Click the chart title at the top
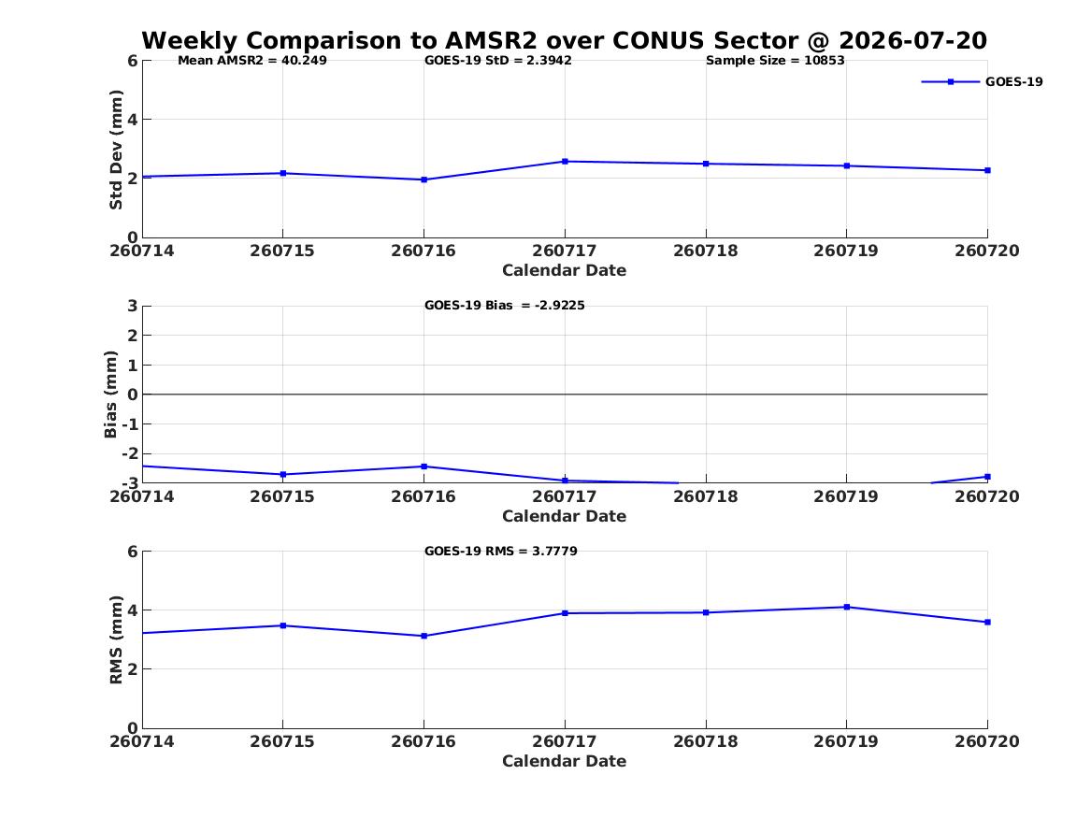point(565,40)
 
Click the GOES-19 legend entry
point(982,81)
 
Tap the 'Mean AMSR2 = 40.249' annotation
point(251,61)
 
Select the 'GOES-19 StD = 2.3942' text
point(498,61)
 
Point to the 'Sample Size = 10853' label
point(775,61)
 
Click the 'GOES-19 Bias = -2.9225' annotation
point(505,306)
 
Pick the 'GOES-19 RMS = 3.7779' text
point(501,551)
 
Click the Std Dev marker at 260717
point(565,162)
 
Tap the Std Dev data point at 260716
point(423,179)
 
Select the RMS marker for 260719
point(847,608)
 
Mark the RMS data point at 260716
point(423,636)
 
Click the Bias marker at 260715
point(282,474)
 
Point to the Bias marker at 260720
point(987,477)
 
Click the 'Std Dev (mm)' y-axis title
point(116,150)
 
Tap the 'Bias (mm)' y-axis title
point(110,395)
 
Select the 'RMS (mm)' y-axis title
point(116,640)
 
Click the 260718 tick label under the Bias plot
point(706,496)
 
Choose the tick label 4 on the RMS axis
point(132,610)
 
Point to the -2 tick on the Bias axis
point(130,453)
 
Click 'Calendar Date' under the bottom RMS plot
point(565,761)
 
